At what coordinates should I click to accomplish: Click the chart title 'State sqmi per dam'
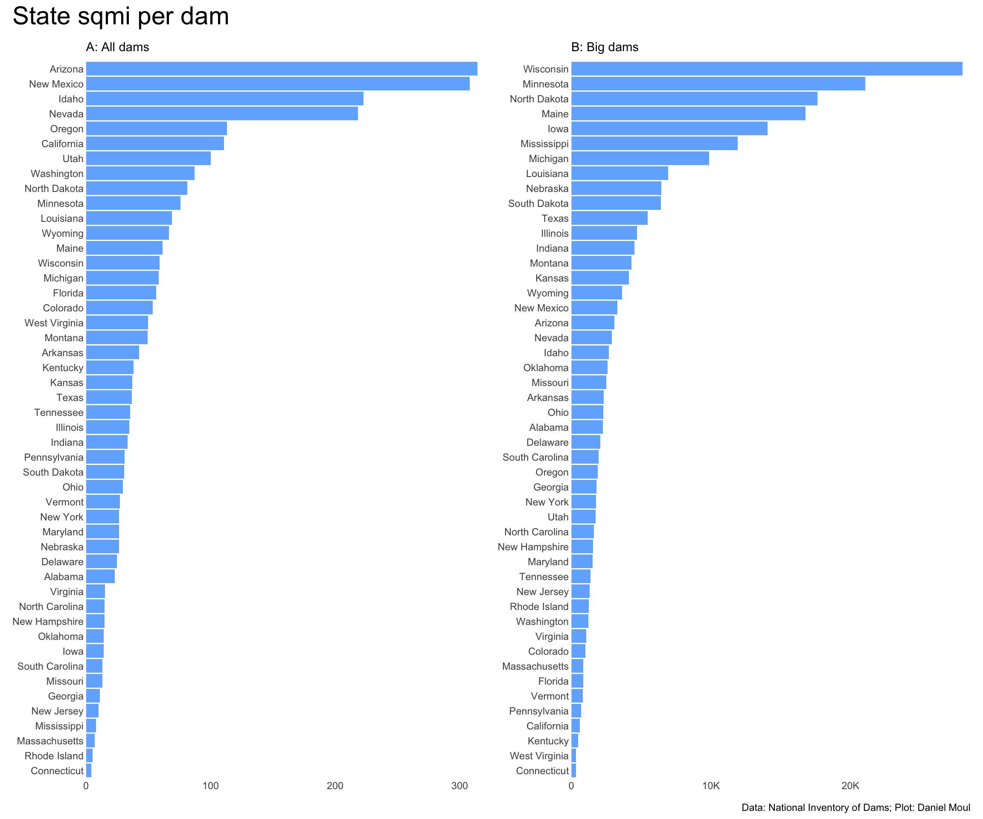tap(121, 16)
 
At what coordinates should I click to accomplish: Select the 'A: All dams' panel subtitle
tap(117, 47)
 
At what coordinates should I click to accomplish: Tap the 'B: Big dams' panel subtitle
tap(605, 47)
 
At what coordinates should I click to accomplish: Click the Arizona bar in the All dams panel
tap(281, 69)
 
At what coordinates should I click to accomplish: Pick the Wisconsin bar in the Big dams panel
tap(766, 69)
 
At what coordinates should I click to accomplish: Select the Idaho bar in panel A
tap(225, 99)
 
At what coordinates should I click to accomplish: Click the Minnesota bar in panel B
tap(718, 84)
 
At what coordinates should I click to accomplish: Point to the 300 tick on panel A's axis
tap(460, 786)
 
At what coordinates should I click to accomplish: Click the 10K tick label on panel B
tap(710, 786)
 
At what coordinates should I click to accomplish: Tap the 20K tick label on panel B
tap(850, 786)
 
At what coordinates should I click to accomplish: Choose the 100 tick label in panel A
tap(211, 786)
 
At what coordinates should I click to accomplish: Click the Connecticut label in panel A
tap(57, 771)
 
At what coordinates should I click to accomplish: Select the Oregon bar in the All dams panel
tap(156, 129)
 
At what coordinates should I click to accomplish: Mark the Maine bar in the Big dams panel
tap(688, 114)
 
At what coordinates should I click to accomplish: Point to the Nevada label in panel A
tap(67, 114)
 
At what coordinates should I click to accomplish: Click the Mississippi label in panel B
tap(544, 144)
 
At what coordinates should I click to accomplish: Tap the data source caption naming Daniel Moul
tap(856, 807)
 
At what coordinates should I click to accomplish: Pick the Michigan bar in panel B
tap(640, 159)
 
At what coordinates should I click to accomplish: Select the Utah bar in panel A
tap(148, 159)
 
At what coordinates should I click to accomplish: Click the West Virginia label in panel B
tap(539, 756)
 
